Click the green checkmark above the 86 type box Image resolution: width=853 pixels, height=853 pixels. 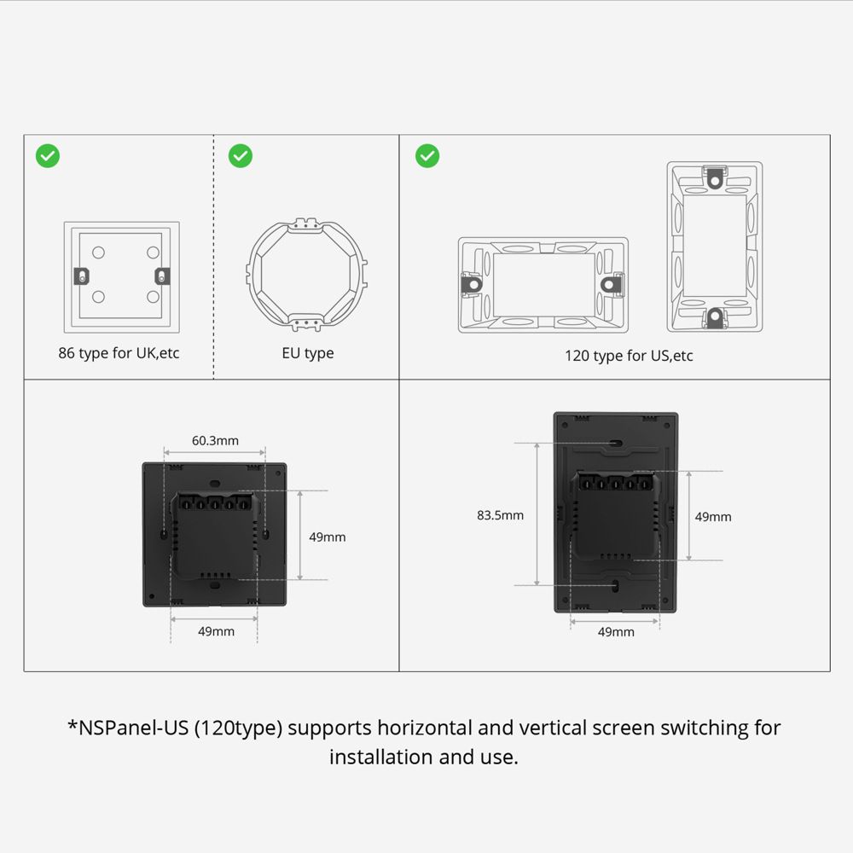[x=48, y=155]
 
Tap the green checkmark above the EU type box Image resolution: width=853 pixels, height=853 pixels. [x=241, y=155]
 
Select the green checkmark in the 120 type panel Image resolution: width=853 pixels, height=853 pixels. [x=427, y=155]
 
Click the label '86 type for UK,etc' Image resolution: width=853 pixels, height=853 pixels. [x=119, y=353]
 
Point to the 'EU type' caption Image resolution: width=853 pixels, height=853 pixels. [x=308, y=353]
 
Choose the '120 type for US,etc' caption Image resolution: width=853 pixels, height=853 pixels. [x=629, y=356]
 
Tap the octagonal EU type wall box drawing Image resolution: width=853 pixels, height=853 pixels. [x=308, y=276]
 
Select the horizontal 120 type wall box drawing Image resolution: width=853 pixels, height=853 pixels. [x=543, y=284]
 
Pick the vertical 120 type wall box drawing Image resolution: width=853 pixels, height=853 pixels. [x=714, y=247]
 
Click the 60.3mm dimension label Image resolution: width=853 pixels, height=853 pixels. [x=215, y=441]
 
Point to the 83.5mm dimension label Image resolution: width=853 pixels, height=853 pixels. [x=500, y=515]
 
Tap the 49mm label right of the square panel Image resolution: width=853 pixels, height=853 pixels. [x=328, y=537]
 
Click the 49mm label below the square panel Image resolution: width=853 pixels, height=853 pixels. [x=216, y=631]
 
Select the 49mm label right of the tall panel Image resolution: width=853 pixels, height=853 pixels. [x=713, y=517]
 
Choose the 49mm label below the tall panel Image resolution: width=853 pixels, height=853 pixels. [x=616, y=632]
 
